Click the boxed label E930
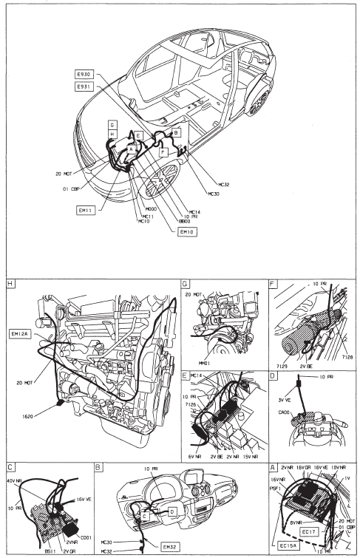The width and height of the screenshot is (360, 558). [x=83, y=75]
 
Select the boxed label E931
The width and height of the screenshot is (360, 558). [x=83, y=87]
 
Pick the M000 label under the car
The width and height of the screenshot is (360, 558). [x=153, y=209]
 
